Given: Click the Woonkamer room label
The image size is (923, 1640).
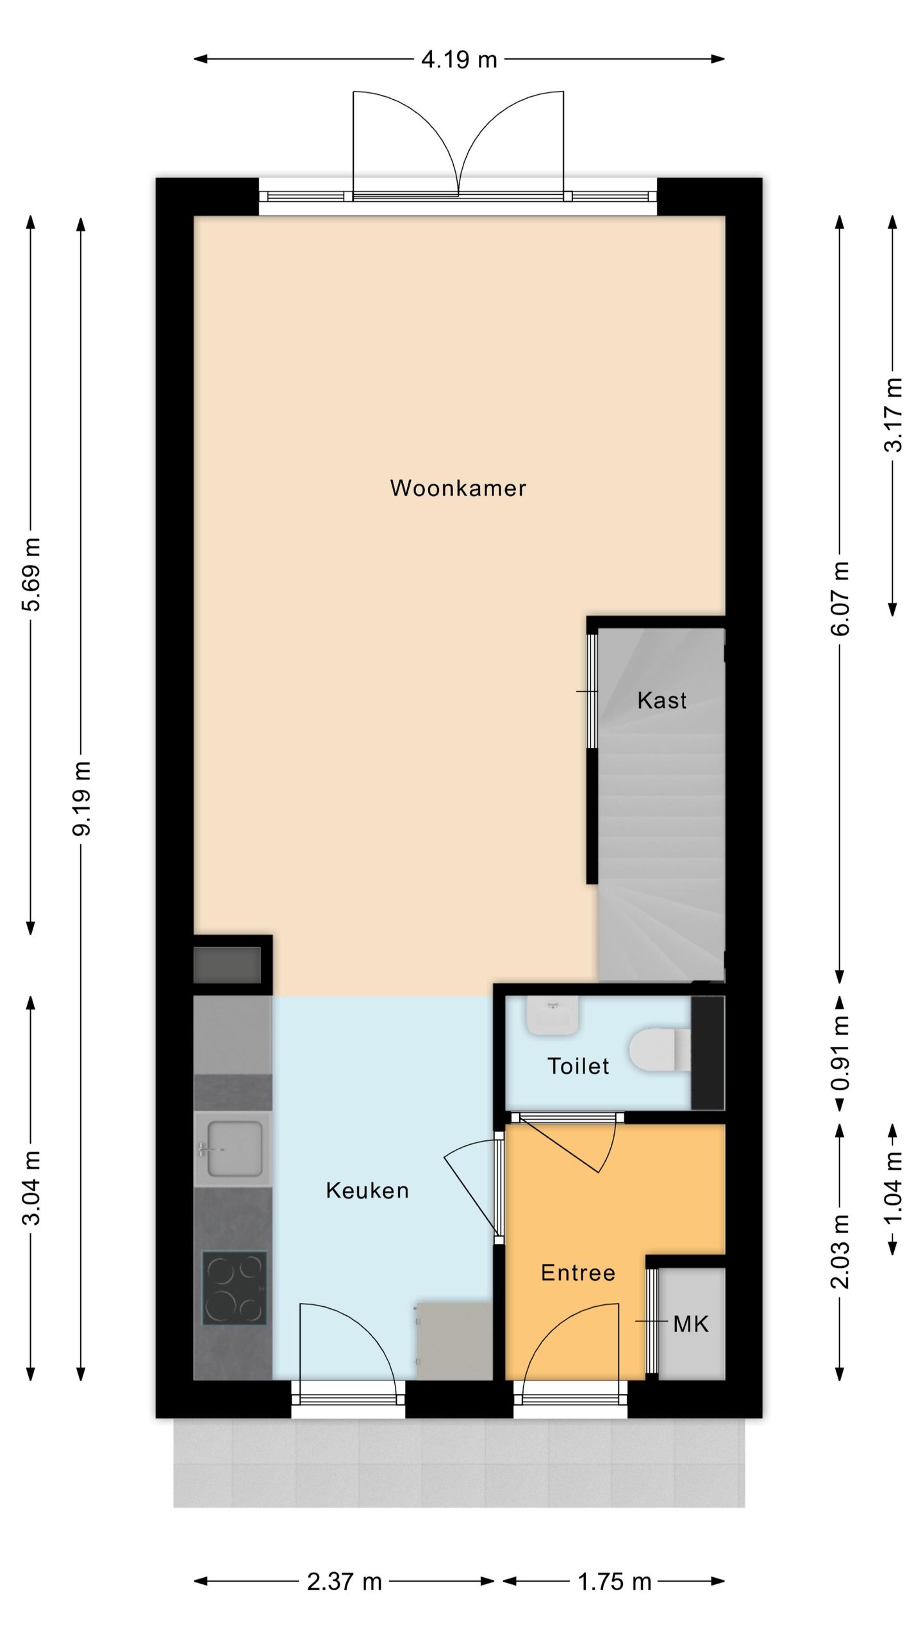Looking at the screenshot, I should click(x=458, y=488).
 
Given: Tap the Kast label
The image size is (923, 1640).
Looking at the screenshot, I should click(x=661, y=700).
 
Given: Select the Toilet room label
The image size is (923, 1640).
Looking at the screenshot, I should click(x=578, y=1066).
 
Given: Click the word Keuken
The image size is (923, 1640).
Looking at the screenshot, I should click(x=367, y=1190).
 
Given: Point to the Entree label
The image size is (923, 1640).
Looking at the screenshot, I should click(x=578, y=1272).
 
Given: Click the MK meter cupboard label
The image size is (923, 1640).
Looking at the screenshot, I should click(x=691, y=1324).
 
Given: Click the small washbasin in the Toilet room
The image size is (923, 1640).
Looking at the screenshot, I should click(x=553, y=1015).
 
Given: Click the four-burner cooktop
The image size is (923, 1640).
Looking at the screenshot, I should click(x=234, y=1288).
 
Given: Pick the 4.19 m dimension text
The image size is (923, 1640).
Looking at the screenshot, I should click(x=459, y=60).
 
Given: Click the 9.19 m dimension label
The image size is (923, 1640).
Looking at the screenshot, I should click(x=82, y=798).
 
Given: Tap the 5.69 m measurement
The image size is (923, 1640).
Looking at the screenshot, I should click(x=32, y=575).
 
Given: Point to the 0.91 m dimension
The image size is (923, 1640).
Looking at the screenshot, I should click(x=840, y=1053).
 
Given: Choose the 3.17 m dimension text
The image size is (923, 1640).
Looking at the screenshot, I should click(x=893, y=415).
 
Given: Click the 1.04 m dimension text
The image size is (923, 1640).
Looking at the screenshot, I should click(x=893, y=1187).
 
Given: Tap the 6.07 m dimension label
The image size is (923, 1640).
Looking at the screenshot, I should click(x=840, y=599).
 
